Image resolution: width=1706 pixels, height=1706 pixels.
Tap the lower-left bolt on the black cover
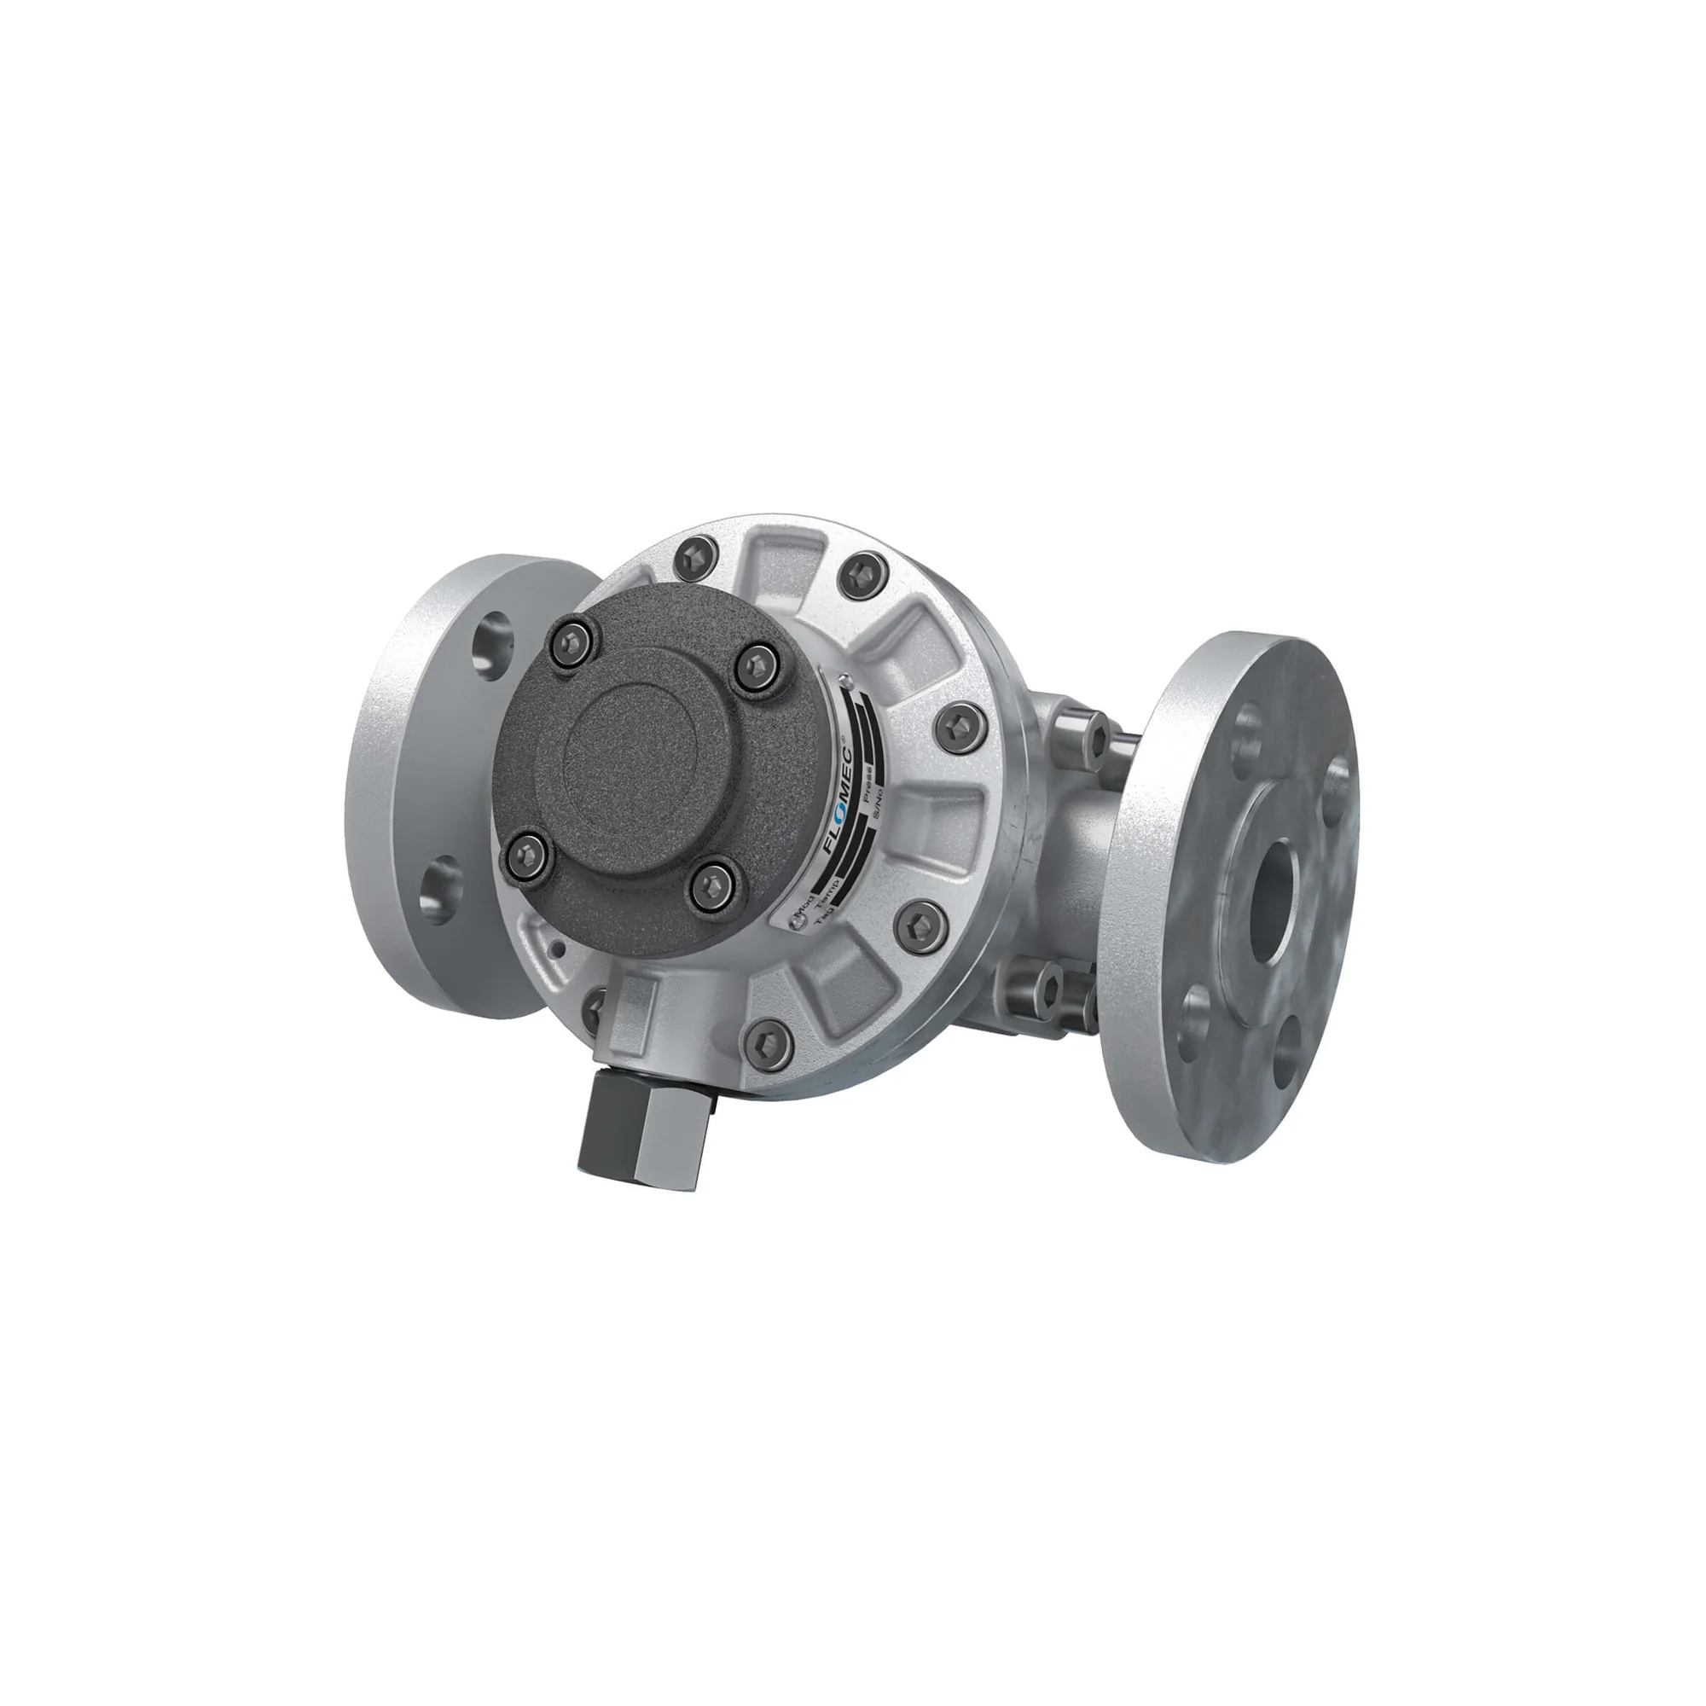point(527,854)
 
